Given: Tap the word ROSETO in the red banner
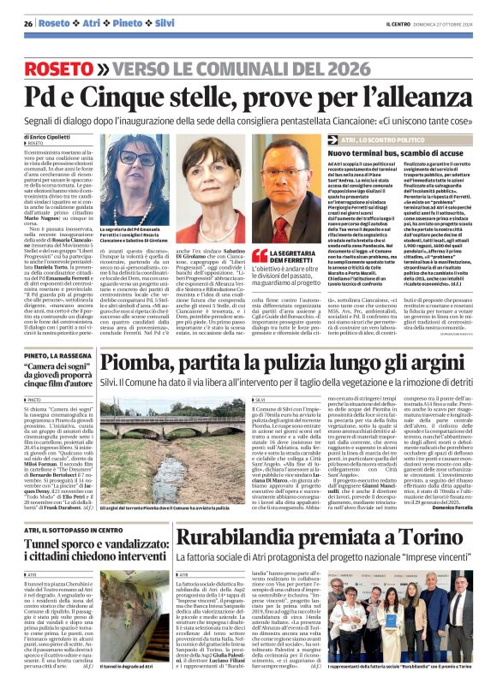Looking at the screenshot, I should click(x=79, y=68).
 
